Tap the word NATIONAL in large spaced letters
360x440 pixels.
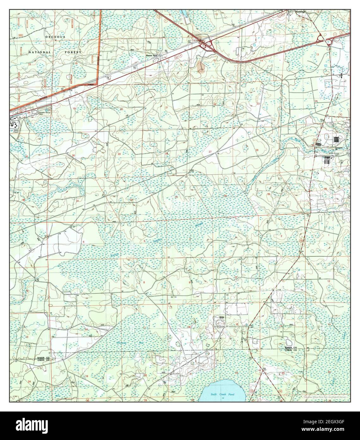tap(39, 52)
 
